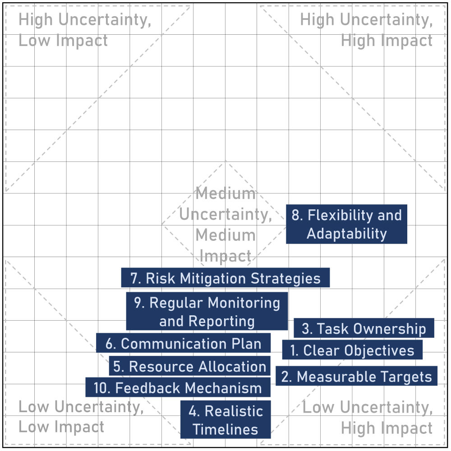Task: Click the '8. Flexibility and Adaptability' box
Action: pos(346,224)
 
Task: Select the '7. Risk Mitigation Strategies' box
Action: pos(225,277)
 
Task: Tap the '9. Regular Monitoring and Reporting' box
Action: pos(207,311)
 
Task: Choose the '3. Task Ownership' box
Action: pos(364,328)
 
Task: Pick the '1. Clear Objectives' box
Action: pos(352,350)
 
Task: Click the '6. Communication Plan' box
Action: pos(183,343)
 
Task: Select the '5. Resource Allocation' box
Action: pos(189,366)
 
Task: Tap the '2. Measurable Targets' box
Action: pos(356,376)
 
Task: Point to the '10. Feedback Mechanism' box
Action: pos(178,387)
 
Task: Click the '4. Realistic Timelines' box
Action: pos(225,419)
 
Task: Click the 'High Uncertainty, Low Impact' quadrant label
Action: pos(85,30)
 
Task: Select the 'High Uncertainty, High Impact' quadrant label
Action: pos(366,30)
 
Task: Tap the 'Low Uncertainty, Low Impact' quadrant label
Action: pos(81,416)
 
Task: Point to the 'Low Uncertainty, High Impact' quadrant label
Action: pos(368,417)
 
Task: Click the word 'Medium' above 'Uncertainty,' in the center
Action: pos(225,193)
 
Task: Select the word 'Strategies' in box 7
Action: pos(285,278)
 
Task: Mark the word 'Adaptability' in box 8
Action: pos(346,234)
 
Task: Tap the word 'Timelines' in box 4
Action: pos(225,429)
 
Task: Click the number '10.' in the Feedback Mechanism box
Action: pos(102,388)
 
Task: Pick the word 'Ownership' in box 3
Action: pos(390,329)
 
